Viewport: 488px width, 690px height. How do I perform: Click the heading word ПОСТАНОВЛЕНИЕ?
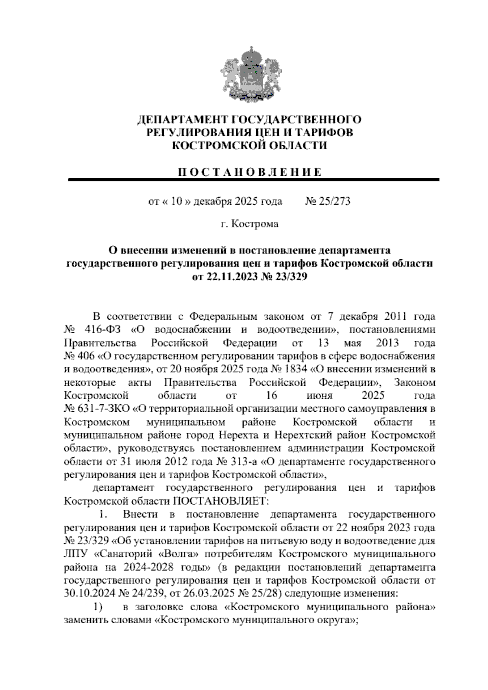249,172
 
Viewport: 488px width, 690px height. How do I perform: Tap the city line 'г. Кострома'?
249,224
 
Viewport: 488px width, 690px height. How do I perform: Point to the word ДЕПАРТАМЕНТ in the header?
183,120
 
